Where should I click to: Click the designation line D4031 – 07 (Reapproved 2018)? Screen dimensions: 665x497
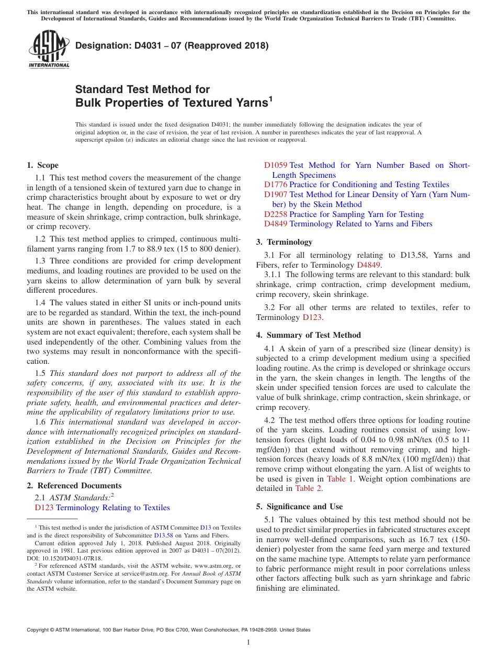point(172,45)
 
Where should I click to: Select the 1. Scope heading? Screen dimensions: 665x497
point(43,165)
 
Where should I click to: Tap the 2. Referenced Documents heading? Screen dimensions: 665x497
point(74,486)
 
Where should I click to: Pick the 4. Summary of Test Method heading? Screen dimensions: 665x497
point(309,335)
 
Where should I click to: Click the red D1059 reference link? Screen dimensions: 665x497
point(276,165)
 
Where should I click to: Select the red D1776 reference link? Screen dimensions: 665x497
point(276,185)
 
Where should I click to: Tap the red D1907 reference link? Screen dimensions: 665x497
point(276,194)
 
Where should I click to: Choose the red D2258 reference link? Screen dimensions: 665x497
point(276,214)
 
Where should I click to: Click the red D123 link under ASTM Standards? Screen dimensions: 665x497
point(44,508)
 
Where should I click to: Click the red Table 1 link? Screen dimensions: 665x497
point(340,479)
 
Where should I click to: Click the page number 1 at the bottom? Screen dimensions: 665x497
point(249,643)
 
